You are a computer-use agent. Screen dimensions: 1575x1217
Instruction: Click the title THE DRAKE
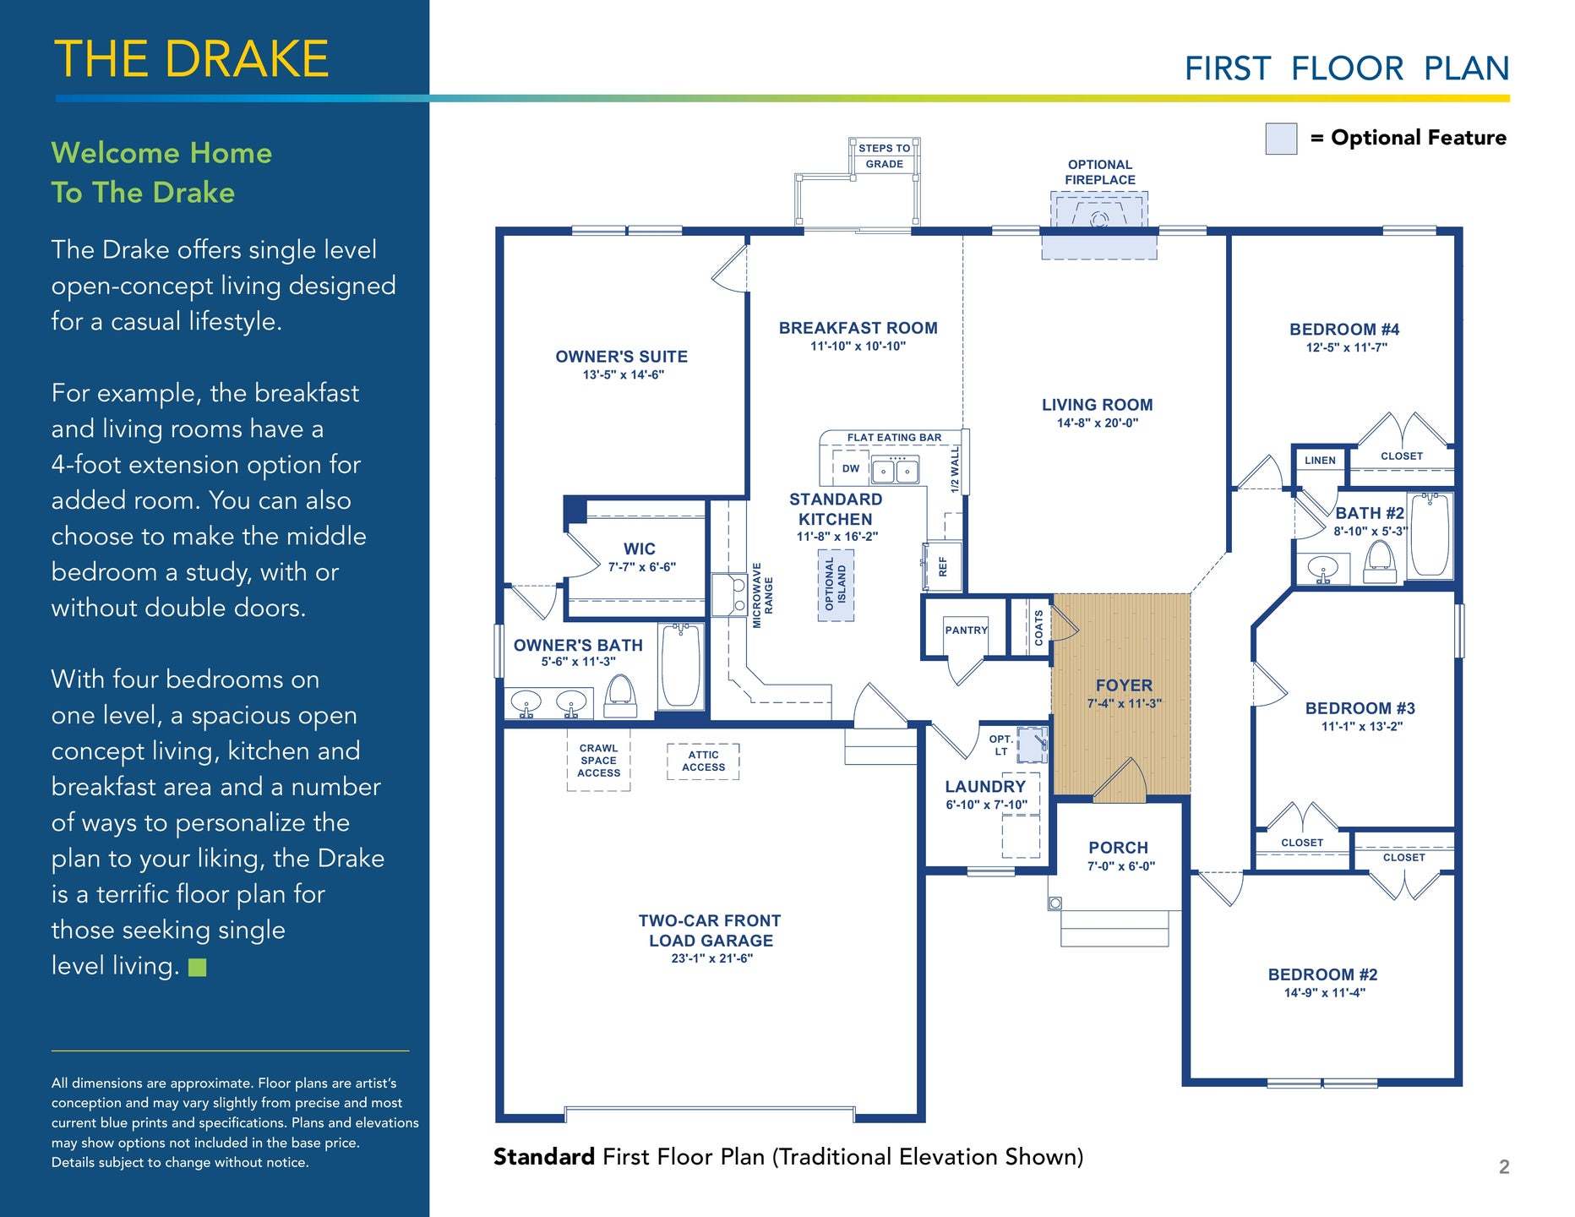(x=192, y=59)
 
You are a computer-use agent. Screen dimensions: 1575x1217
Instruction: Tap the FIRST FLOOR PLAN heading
(x=1347, y=68)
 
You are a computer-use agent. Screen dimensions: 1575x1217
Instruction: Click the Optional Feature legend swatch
(x=1281, y=139)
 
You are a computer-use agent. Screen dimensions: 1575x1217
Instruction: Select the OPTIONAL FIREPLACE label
(x=1100, y=172)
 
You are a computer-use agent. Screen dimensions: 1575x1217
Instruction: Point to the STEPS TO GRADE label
(x=885, y=156)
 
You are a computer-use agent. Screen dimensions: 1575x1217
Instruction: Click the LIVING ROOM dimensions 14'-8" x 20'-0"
(x=1098, y=423)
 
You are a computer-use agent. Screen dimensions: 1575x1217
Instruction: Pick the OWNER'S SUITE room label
(x=622, y=357)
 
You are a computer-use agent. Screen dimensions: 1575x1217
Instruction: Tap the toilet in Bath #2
(x=1380, y=561)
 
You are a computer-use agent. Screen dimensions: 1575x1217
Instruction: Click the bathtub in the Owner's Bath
(x=680, y=665)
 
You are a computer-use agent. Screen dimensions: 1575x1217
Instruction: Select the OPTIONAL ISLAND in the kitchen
(x=836, y=586)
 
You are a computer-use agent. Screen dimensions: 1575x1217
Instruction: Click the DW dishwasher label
(x=851, y=468)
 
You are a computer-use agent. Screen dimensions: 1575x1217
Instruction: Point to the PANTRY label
(x=967, y=630)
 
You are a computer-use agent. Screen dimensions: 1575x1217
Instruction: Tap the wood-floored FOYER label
(x=1124, y=685)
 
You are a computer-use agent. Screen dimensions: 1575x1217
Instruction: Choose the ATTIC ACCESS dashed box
(x=703, y=761)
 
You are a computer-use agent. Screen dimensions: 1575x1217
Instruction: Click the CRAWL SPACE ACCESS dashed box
(x=598, y=761)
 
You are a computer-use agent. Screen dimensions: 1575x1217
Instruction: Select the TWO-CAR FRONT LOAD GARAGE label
(x=711, y=930)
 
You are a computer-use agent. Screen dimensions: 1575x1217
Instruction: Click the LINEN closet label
(x=1320, y=461)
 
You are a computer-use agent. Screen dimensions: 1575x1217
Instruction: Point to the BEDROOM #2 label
(x=1323, y=974)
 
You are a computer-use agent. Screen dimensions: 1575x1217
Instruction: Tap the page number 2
(x=1504, y=1167)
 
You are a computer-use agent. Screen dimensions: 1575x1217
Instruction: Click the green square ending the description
(x=198, y=967)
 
